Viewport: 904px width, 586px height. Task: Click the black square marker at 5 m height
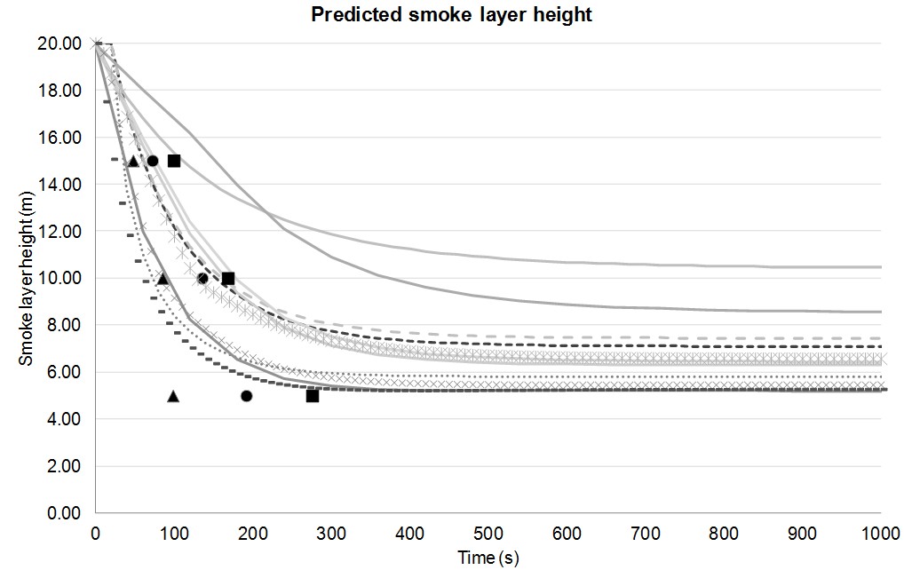pos(313,396)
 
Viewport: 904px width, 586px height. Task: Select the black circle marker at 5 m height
pos(246,396)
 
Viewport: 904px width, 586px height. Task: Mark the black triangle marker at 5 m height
pos(173,396)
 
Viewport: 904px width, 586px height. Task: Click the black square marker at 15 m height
pos(174,161)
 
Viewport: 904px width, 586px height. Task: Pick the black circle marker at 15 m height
pos(152,161)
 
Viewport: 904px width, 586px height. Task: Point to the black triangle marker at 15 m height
pos(133,161)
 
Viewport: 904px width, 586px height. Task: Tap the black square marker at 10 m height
pos(228,279)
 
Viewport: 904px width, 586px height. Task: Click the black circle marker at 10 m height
pos(202,279)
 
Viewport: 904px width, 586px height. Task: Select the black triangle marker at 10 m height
pos(163,279)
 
